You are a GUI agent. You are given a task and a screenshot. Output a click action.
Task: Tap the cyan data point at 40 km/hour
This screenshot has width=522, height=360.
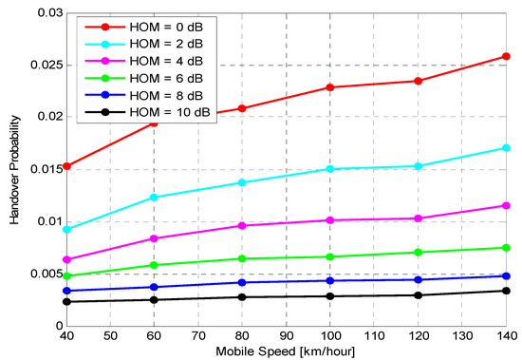(65, 230)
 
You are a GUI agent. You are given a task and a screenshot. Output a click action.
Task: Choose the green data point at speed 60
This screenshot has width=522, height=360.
(154, 265)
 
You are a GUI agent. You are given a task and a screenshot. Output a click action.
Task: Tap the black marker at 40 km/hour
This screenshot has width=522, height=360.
(65, 302)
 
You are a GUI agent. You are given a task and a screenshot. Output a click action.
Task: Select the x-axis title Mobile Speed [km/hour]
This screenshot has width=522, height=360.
(286, 351)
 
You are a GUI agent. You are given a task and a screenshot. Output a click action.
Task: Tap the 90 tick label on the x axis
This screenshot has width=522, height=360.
(286, 336)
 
